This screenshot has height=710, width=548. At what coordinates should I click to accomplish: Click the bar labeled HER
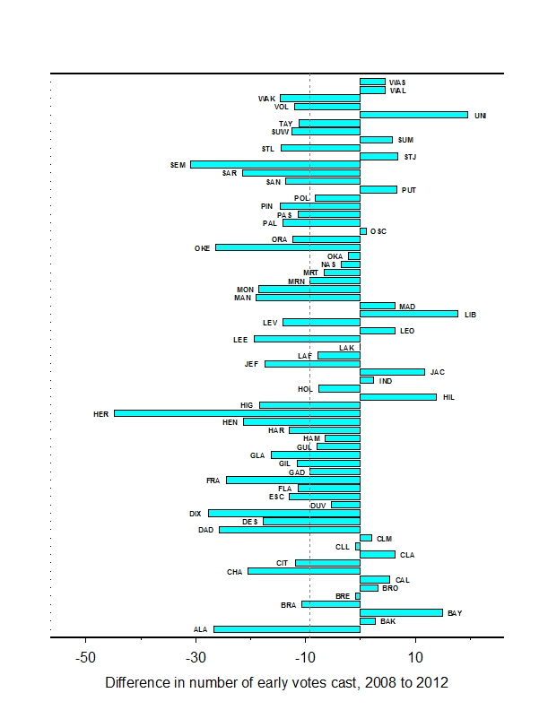pyautogui.click(x=237, y=413)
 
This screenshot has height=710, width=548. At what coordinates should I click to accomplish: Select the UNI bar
pyautogui.click(x=413, y=115)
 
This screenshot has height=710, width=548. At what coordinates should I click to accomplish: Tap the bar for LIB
pyautogui.click(x=408, y=314)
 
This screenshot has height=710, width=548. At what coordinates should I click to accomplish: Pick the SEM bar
pyautogui.click(x=274, y=164)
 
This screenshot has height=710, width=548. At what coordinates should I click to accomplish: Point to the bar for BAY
pyautogui.click(x=401, y=612)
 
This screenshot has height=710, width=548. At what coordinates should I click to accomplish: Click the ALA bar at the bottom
pyautogui.click(x=286, y=629)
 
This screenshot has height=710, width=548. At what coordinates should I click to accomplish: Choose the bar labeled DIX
pyautogui.click(x=283, y=513)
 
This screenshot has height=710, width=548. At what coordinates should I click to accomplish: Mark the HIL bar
pyautogui.click(x=397, y=396)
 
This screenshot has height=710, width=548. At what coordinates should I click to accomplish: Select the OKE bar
pyautogui.click(x=287, y=247)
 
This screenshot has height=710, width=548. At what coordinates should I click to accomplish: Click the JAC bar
pyautogui.click(x=392, y=371)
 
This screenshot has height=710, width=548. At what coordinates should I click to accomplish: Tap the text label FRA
pyautogui.click(x=213, y=481)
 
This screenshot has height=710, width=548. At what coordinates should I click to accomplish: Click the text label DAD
pyautogui.click(x=205, y=530)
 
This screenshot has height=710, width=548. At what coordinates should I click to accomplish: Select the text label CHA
pyautogui.click(x=234, y=571)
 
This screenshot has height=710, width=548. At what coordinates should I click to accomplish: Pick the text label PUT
pyautogui.click(x=408, y=190)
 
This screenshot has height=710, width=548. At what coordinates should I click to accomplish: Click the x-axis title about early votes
pyautogui.click(x=276, y=683)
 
